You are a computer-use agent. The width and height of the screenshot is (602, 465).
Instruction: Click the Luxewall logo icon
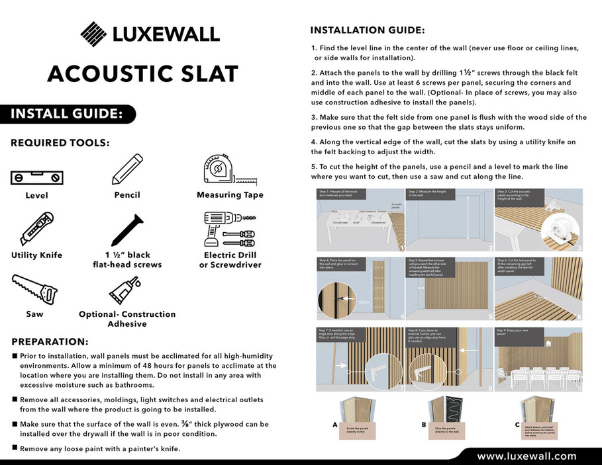[93, 34]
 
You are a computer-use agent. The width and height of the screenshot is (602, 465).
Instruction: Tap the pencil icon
[127, 169]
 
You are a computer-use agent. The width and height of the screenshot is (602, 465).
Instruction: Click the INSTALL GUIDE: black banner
[66, 114]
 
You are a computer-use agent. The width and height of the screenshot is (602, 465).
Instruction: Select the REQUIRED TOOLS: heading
[60, 143]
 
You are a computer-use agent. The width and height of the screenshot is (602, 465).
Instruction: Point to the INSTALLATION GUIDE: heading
[368, 30]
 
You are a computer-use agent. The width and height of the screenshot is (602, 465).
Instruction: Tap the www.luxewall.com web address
[527, 456]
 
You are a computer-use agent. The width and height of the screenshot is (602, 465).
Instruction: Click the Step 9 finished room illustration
[538, 357]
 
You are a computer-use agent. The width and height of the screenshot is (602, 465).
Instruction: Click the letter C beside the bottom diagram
[517, 426]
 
